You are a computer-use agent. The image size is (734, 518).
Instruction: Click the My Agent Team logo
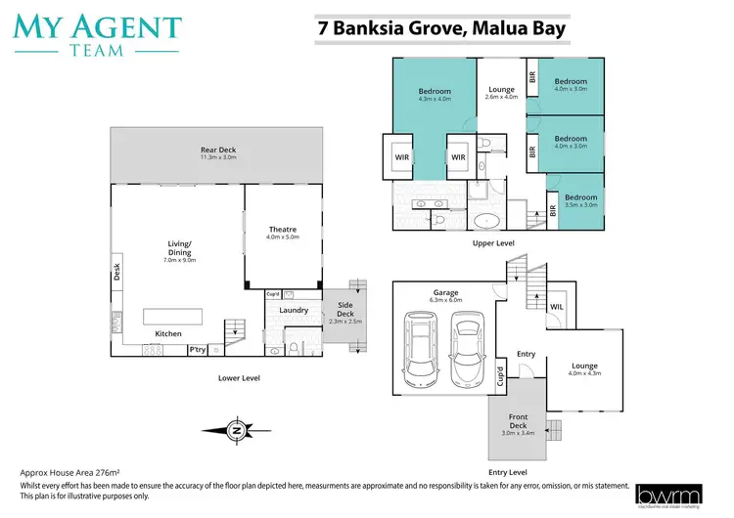[x=97, y=34]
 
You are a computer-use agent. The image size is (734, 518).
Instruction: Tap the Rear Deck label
[x=218, y=153]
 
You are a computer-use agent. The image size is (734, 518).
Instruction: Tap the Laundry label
[x=294, y=311]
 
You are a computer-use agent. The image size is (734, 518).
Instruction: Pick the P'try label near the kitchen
[x=198, y=350]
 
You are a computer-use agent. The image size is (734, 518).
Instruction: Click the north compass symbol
[x=235, y=428]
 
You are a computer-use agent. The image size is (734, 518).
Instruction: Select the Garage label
[x=446, y=295]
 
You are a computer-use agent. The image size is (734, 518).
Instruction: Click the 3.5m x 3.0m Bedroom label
[x=581, y=200]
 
